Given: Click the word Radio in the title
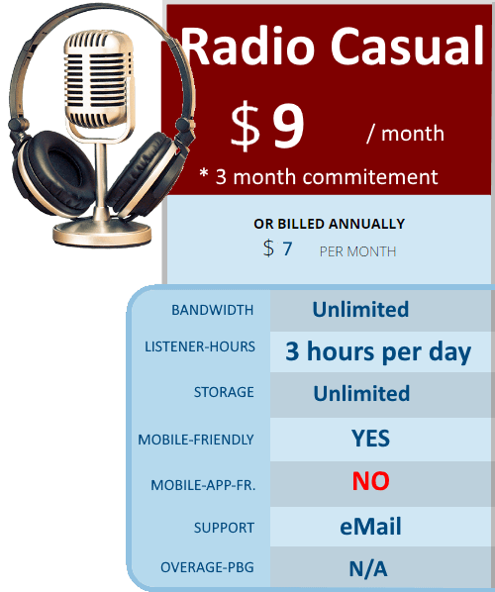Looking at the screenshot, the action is pyautogui.click(x=248, y=47).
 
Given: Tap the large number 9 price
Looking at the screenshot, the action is pyautogui.click(x=288, y=125).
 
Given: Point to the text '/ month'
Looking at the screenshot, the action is pyautogui.click(x=405, y=133).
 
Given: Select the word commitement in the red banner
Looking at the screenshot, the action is pyautogui.click(x=370, y=177).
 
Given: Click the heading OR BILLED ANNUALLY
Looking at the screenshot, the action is pyautogui.click(x=330, y=224).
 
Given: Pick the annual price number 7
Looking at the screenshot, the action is pyautogui.click(x=287, y=248).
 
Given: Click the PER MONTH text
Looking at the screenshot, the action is pyautogui.click(x=357, y=251).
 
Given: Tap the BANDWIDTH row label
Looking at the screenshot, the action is pyautogui.click(x=213, y=310).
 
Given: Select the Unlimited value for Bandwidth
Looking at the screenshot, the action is pyautogui.click(x=360, y=309).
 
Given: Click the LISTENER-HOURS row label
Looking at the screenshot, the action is pyautogui.click(x=200, y=346).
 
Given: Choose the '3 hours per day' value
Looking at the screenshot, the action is pyautogui.click(x=378, y=351).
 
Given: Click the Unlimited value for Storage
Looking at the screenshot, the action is pyautogui.click(x=361, y=393).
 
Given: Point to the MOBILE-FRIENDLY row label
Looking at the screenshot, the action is pyautogui.click(x=196, y=440).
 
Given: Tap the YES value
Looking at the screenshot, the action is pyautogui.click(x=370, y=439).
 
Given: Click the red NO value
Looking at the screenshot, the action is pyautogui.click(x=371, y=481).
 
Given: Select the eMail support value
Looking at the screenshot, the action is pyautogui.click(x=370, y=527).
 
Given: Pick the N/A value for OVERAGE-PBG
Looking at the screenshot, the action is pyautogui.click(x=368, y=568).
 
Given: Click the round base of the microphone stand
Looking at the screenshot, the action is pyautogui.click(x=102, y=233).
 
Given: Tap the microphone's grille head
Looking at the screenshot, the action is pyautogui.click(x=99, y=78).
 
